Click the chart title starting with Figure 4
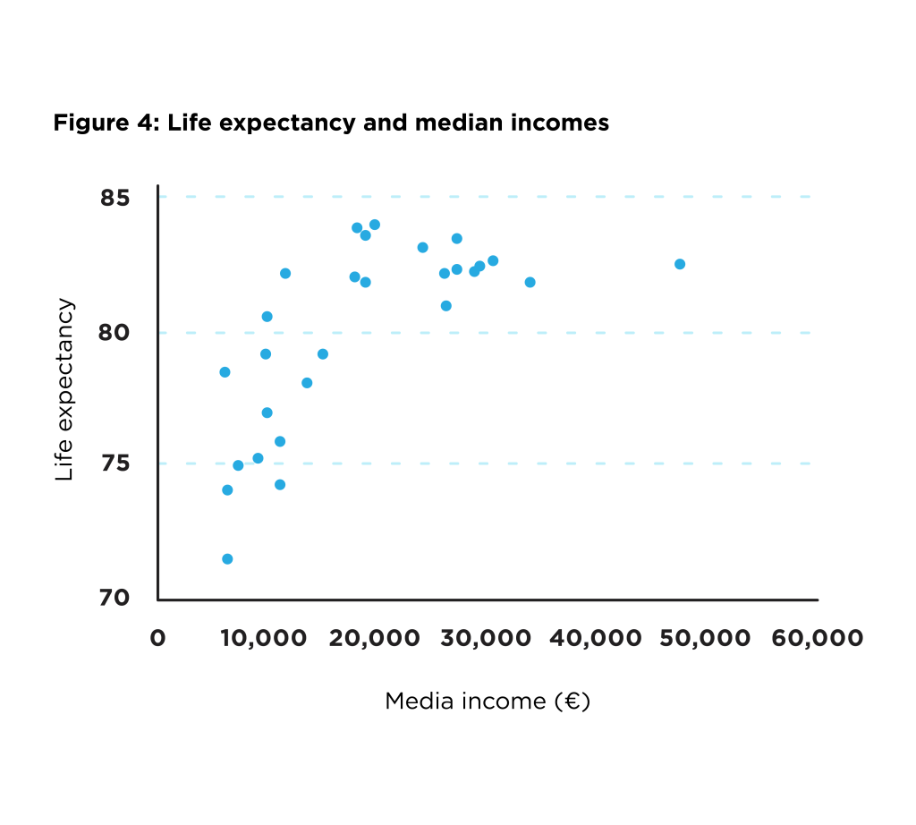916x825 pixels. (331, 123)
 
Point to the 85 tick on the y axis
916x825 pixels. (116, 198)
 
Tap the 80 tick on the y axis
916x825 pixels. (116, 333)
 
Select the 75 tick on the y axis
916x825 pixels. (116, 464)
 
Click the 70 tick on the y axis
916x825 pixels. (116, 598)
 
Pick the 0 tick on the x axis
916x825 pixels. (157, 638)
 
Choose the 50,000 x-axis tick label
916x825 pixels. (705, 638)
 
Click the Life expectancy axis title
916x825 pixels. (64, 390)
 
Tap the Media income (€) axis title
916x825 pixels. (488, 701)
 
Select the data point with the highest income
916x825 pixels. (680, 264)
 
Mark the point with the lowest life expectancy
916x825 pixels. (227, 559)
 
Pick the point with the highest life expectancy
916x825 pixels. (375, 225)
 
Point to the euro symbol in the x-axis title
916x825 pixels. (571, 702)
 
